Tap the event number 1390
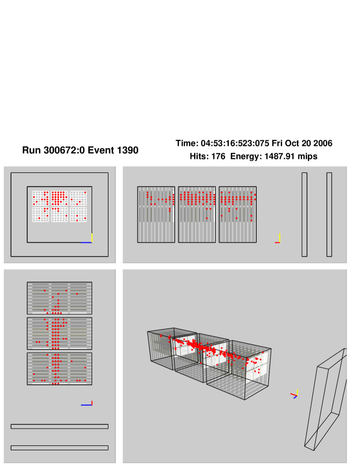coord(127,150)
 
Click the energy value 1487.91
coord(278,156)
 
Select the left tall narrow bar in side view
coord(304,214)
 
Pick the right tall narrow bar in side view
coord(329,214)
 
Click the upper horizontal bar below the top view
coord(60,426)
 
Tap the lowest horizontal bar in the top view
coord(60,448)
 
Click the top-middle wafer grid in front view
coord(60,198)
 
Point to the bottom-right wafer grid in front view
coord(79,214)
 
